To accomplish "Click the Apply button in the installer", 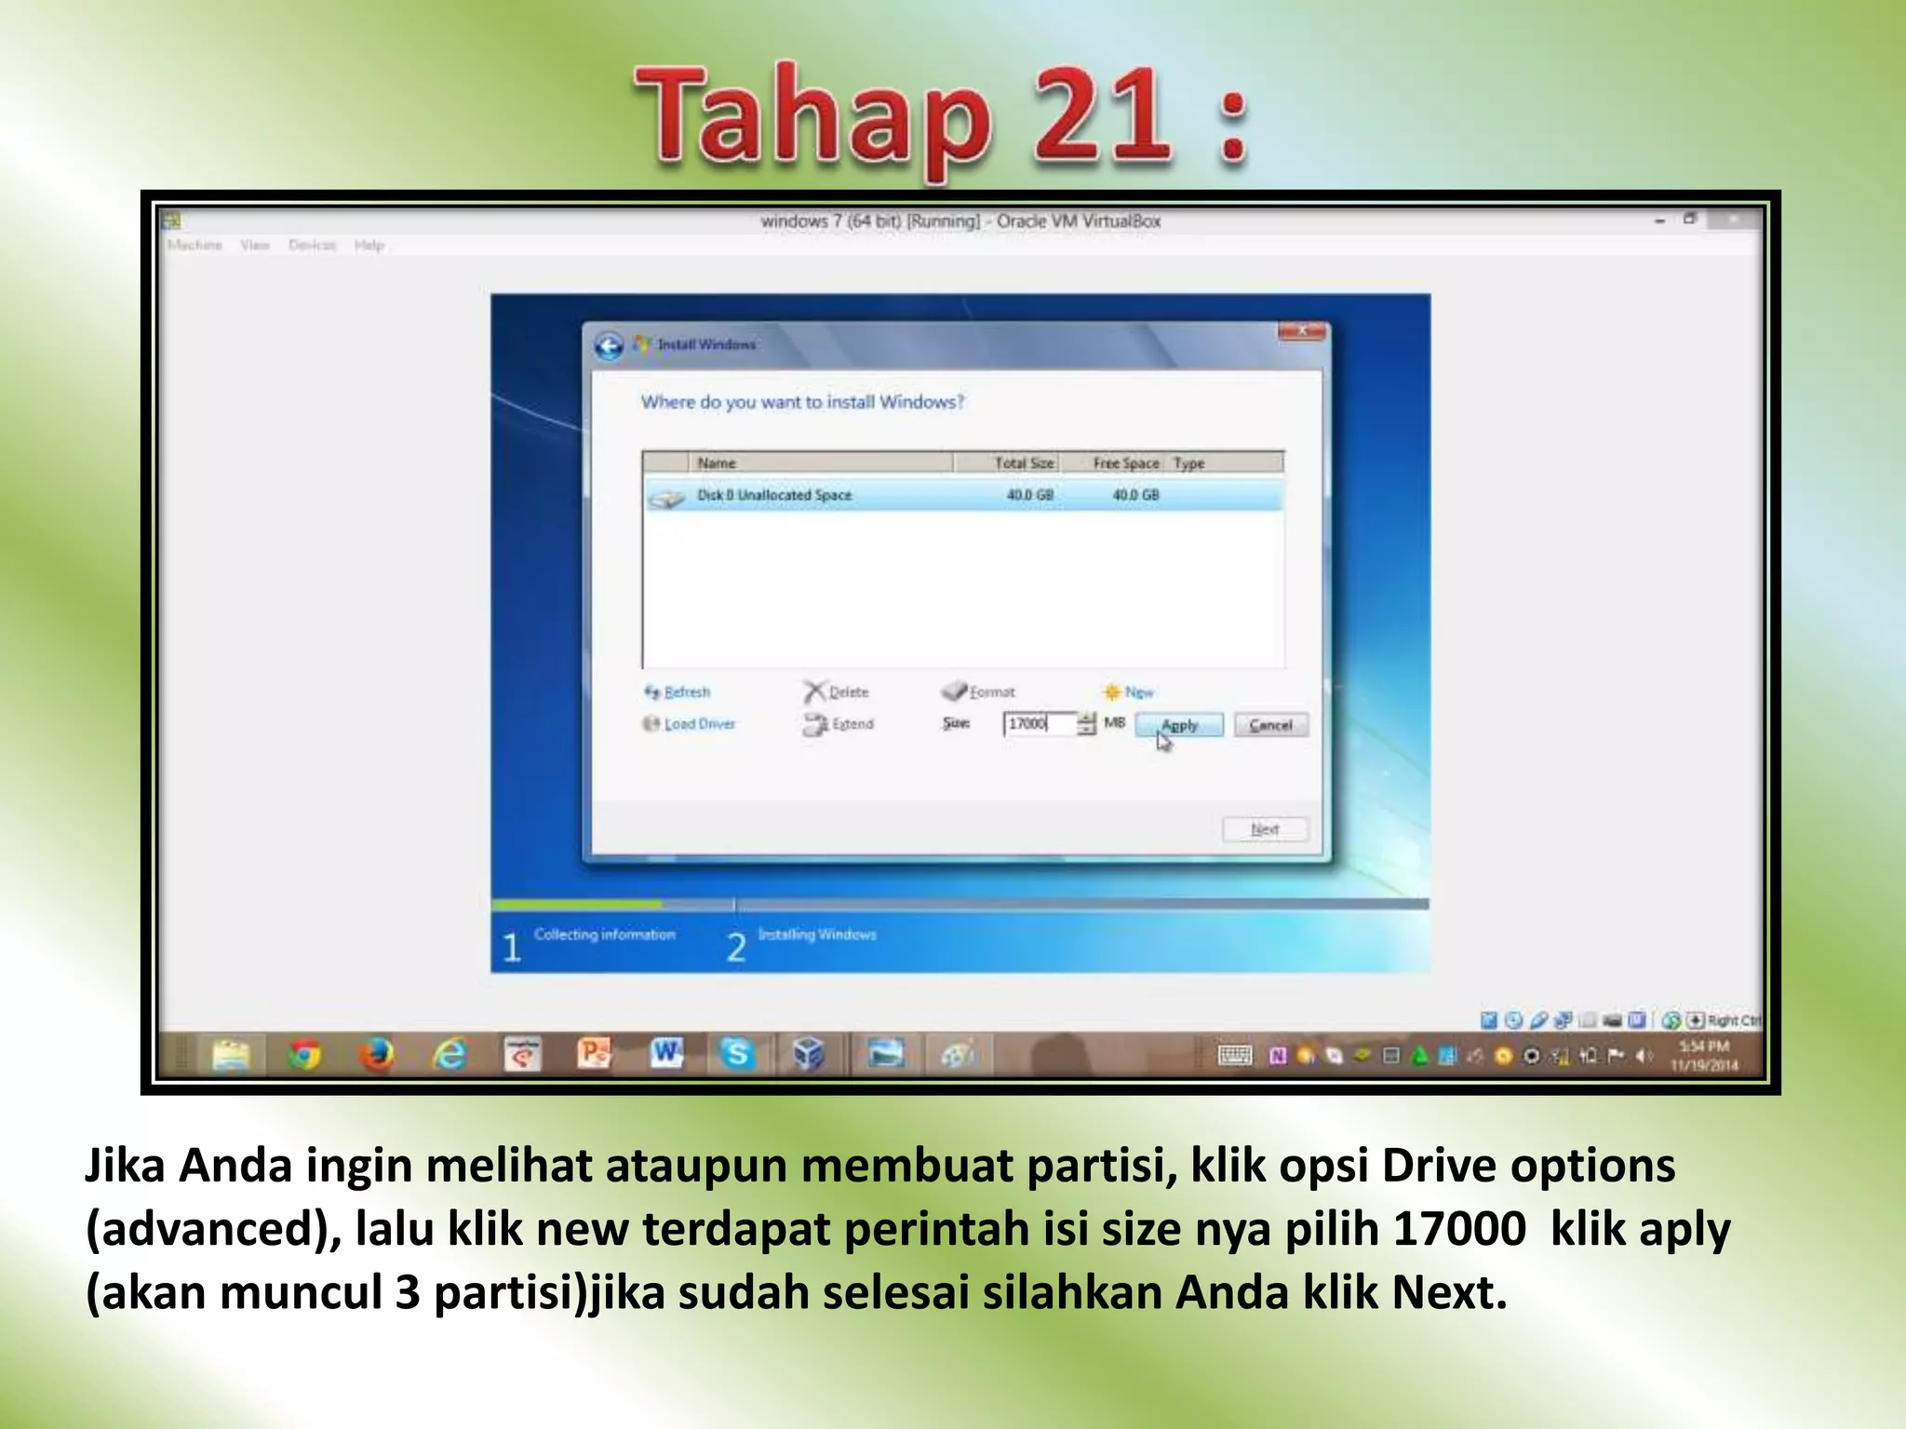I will [x=1178, y=725].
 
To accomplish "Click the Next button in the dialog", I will [x=1265, y=829].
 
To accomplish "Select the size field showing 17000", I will [x=1039, y=724].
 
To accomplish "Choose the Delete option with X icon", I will [x=837, y=692].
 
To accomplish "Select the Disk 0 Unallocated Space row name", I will [x=774, y=495].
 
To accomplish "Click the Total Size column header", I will [x=1024, y=463].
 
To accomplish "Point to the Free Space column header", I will [x=1125, y=463].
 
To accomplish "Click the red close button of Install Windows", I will [x=1303, y=331].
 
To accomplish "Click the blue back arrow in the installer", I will [x=609, y=346].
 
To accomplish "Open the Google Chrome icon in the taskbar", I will [x=304, y=1055].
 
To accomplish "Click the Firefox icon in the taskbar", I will [x=377, y=1055].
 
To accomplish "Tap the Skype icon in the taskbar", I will [x=737, y=1054].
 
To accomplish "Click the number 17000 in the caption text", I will [x=1458, y=1229].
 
